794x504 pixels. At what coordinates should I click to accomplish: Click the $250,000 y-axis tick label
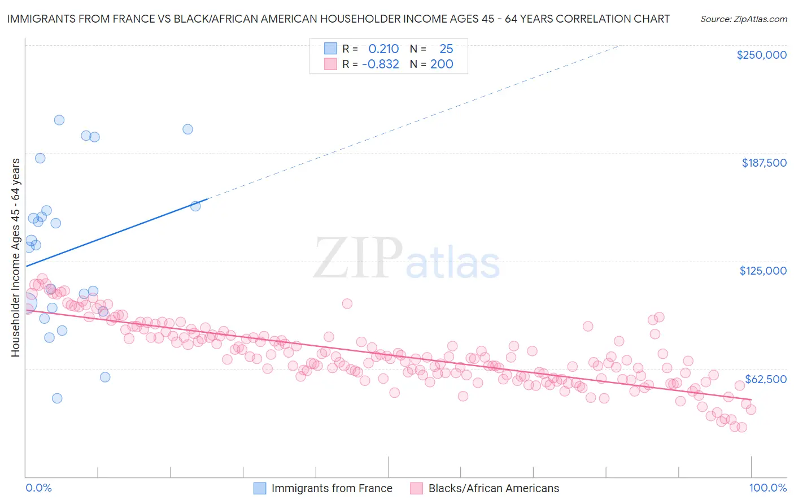coord(761,55)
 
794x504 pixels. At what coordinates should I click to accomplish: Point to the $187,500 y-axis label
coord(764,163)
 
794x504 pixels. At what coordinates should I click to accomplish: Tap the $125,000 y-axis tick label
coord(762,271)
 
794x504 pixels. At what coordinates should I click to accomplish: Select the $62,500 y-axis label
coord(765,379)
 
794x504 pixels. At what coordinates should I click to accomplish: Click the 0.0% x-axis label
coord(38,488)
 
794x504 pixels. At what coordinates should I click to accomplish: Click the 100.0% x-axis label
coord(767,488)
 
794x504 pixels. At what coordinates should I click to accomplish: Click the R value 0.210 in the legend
coord(383,49)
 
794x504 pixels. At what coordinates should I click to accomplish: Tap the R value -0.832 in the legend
coord(381,64)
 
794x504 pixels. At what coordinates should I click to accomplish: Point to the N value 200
coord(442,64)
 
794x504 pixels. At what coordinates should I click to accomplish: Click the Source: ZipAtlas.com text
coord(743,19)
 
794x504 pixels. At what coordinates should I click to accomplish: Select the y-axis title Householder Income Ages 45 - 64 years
coord(16,257)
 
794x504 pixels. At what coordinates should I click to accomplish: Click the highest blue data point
coord(59,120)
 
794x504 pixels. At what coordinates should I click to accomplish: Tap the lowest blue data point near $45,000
coord(57,398)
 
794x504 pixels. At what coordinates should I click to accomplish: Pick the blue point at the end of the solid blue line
coord(195,206)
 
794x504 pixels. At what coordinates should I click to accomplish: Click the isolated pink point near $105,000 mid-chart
coord(347,304)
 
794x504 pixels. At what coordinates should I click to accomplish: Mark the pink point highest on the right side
coord(659,317)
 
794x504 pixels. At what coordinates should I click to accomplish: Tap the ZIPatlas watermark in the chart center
coord(407,259)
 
